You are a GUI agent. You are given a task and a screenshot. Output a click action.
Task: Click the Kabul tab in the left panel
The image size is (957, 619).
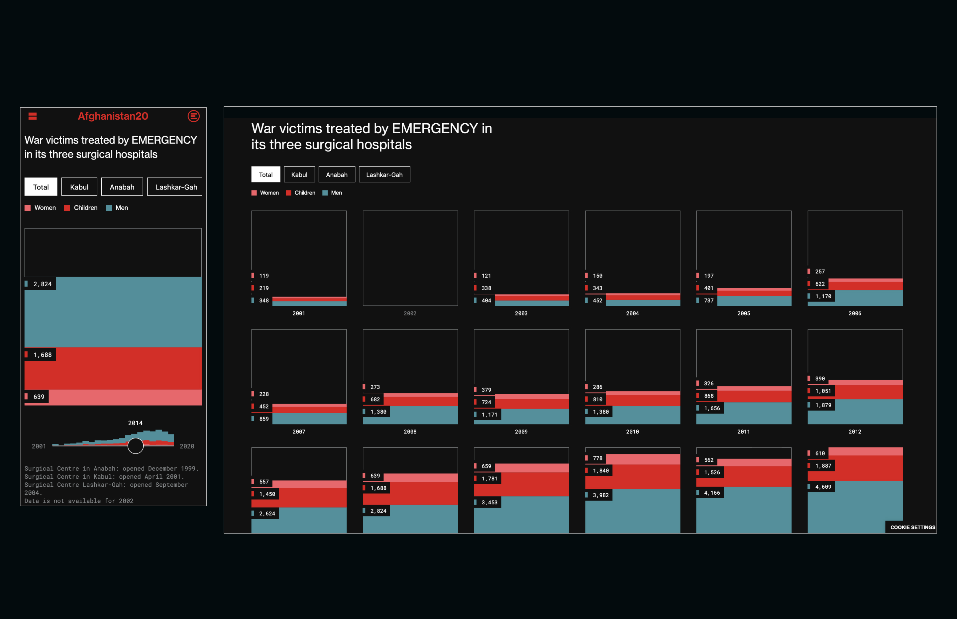pyautogui.click(x=79, y=187)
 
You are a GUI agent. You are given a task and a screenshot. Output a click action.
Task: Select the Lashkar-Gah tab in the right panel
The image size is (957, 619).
pyautogui.click(x=384, y=175)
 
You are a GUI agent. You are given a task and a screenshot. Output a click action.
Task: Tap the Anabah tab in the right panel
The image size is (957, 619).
pyautogui.click(x=336, y=175)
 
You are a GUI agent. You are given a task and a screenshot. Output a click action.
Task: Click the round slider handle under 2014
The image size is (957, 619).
pyautogui.click(x=135, y=446)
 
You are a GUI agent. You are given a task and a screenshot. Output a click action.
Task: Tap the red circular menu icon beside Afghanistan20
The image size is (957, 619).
pyautogui.click(x=194, y=116)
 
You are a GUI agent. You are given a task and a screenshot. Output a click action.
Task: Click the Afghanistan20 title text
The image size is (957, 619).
pyautogui.click(x=113, y=116)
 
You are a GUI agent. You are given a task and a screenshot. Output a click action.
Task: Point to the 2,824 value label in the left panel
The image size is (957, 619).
pyautogui.click(x=42, y=284)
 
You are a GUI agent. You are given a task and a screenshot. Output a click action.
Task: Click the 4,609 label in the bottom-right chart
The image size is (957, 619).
pyautogui.click(x=822, y=487)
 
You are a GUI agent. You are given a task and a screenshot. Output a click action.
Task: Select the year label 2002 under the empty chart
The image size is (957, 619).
pyautogui.click(x=410, y=313)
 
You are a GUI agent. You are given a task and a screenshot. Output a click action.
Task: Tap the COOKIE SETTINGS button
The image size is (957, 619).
pyautogui.click(x=912, y=527)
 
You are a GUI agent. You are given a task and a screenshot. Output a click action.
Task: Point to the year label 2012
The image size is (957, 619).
pyautogui.click(x=855, y=432)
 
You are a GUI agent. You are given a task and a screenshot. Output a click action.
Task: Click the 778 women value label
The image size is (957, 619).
pyautogui.click(x=597, y=458)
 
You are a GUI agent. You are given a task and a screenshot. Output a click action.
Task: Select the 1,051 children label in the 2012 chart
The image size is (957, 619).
pyautogui.click(x=822, y=391)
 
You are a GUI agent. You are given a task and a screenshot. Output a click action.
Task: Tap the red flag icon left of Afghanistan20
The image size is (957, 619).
pyautogui.click(x=33, y=116)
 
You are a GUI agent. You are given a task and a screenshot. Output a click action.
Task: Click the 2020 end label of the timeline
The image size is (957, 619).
pyautogui.click(x=187, y=446)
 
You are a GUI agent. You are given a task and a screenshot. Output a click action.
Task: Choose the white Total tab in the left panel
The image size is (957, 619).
pyautogui.click(x=41, y=187)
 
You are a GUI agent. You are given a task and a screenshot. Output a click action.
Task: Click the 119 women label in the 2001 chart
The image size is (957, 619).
pyautogui.click(x=264, y=276)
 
